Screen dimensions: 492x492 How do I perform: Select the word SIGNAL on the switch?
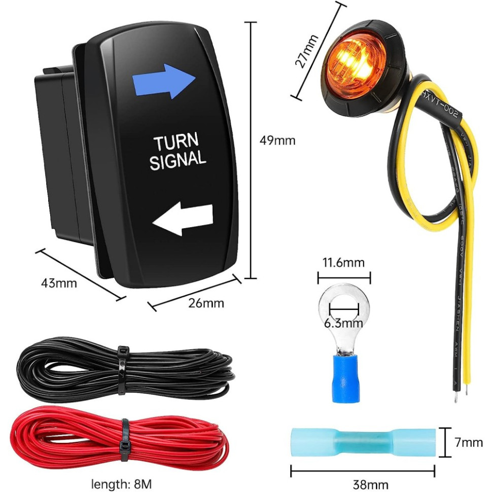tap(178, 159)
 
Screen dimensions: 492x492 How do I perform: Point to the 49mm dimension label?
tap(277, 140)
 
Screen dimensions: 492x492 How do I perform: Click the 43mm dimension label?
tap(59, 283)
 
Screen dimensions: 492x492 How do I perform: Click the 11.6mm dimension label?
tap(344, 263)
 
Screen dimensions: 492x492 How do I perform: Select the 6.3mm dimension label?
tap(343, 323)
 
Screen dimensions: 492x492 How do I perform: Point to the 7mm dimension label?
tap(468, 442)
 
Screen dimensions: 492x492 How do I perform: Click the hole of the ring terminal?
tap(344, 307)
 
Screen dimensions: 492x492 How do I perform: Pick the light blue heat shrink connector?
tap(363, 442)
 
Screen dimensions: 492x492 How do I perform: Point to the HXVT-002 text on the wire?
tap(441, 104)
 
